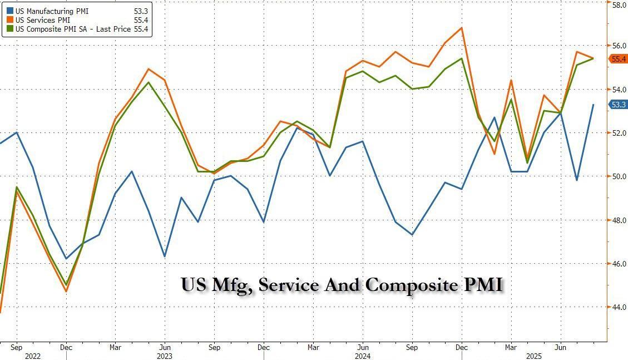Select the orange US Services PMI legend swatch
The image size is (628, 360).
pyautogui.click(x=11, y=21)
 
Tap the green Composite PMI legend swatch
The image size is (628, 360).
pyautogui.click(x=11, y=29)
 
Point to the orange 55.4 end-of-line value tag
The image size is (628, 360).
pyautogui.click(x=619, y=59)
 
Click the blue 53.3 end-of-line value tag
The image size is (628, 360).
pyautogui.click(x=619, y=105)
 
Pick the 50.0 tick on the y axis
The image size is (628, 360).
pyautogui.click(x=620, y=176)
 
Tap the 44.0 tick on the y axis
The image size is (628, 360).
pyautogui.click(x=620, y=307)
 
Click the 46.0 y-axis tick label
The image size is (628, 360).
pyautogui.click(x=620, y=263)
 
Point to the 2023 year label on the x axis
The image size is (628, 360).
pyautogui.click(x=165, y=356)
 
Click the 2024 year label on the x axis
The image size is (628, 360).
pyautogui.click(x=362, y=356)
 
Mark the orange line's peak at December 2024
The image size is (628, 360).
pyautogui.click(x=461, y=27)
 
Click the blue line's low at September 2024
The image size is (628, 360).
pyautogui.click(x=412, y=235)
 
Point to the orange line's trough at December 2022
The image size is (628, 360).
pyautogui.click(x=66, y=292)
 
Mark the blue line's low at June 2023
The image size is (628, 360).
pyautogui.click(x=165, y=257)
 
